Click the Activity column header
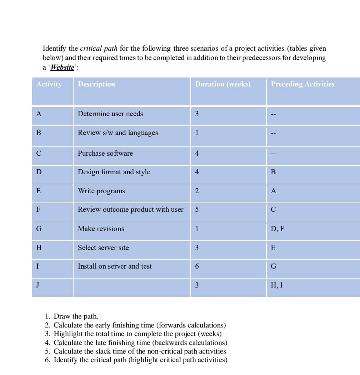click(x=49, y=84)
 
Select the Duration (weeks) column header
click(x=223, y=84)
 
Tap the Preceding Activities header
click(x=302, y=84)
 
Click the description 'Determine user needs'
click(x=110, y=114)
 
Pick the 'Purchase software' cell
click(x=105, y=154)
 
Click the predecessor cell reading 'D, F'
click(x=277, y=229)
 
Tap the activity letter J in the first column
click(x=37, y=285)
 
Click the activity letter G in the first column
click(x=39, y=229)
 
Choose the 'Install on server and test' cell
click(x=115, y=266)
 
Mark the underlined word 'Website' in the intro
click(x=63, y=67)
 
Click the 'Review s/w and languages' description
click(x=118, y=133)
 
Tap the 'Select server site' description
click(x=103, y=248)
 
